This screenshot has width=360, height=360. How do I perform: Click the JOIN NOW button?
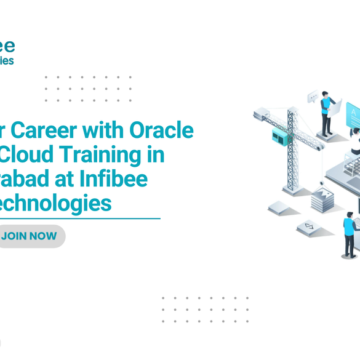pyautogui.click(x=30, y=236)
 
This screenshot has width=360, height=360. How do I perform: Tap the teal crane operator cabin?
pyautogui.click(x=281, y=136)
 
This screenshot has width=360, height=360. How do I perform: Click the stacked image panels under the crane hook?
pyautogui.click(x=322, y=200)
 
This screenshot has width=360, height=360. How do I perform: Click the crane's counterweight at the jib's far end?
pyautogui.click(x=261, y=113)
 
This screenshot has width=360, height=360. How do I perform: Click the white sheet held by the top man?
pyautogui.click(x=335, y=108)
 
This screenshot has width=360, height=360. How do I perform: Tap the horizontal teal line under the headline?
pyautogui.click(x=80, y=218)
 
